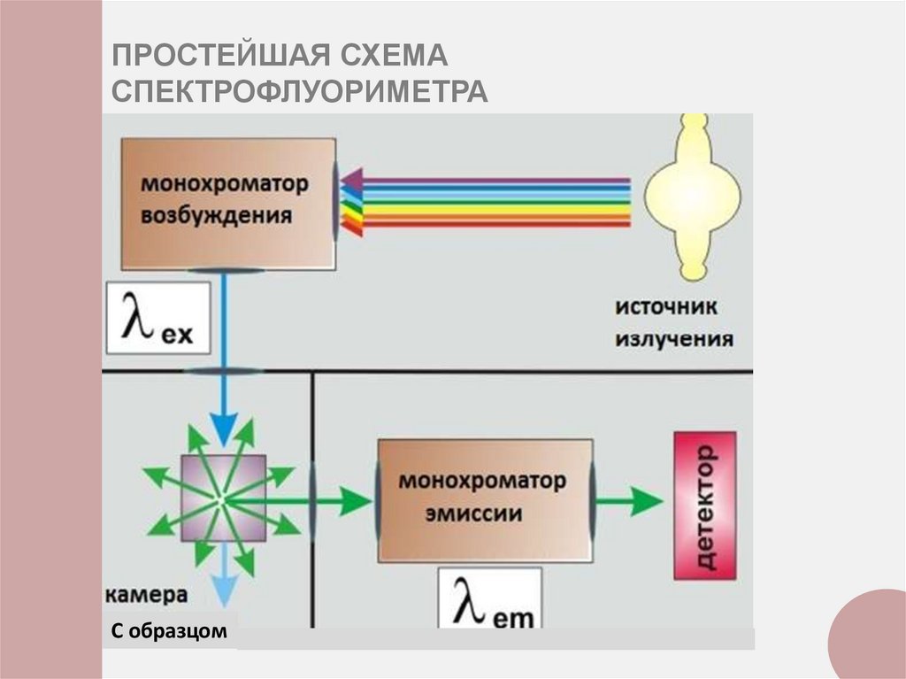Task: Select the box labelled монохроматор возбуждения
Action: (227, 203)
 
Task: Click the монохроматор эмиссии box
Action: (484, 500)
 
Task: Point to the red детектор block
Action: (704, 505)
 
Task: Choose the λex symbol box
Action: (157, 315)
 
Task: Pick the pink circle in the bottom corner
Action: (871, 637)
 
